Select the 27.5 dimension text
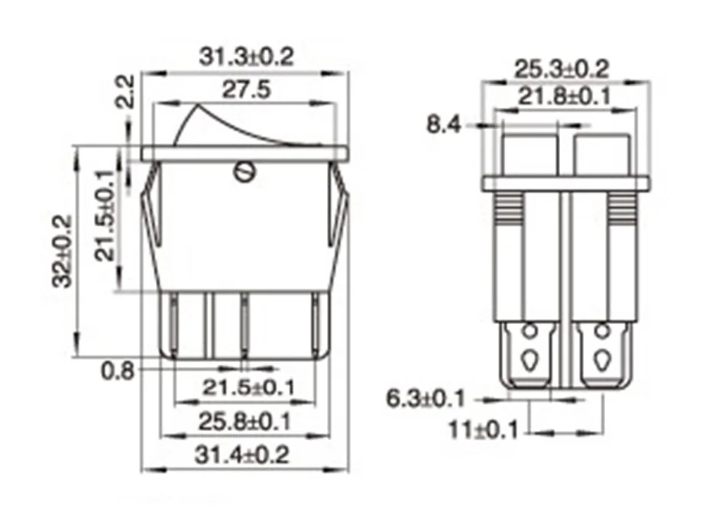(x=246, y=90)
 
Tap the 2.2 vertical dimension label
(x=125, y=92)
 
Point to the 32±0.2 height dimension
(x=63, y=251)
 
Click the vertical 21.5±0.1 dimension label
(x=105, y=215)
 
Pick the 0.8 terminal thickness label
(x=118, y=371)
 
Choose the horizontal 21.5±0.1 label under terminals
(x=248, y=388)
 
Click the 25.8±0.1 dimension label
(x=245, y=422)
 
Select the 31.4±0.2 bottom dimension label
(x=242, y=455)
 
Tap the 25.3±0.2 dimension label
(x=562, y=70)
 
